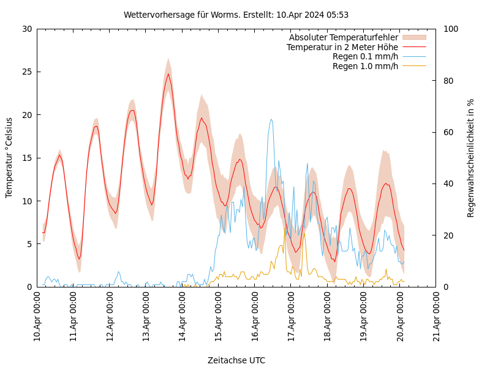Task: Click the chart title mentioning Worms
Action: click(236, 15)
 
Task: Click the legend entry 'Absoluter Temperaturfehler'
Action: click(343, 37)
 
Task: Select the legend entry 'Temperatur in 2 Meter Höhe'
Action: click(342, 47)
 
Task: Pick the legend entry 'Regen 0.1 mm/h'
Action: click(365, 56)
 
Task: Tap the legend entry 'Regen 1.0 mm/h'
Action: click(365, 66)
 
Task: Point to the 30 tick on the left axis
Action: click(26, 29)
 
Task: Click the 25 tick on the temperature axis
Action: click(26, 72)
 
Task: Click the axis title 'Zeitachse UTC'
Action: click(236, 360)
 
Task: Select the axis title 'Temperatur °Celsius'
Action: click(9, 158)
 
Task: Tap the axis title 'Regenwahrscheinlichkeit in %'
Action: click(471, 158)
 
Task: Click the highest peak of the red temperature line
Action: click(168, 74)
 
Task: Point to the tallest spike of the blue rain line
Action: click(271, 119)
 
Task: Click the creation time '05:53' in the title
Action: click(337, 15)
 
